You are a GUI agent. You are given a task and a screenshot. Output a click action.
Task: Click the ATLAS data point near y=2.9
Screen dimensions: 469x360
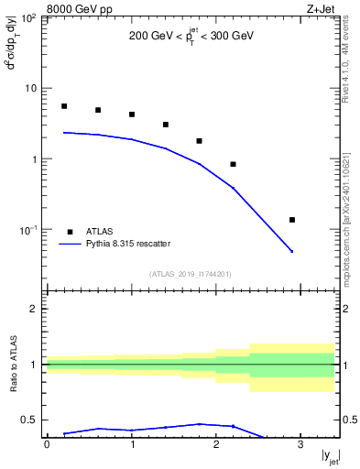pos(292,220)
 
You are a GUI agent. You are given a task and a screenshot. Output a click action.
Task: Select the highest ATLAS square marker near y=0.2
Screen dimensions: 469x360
pos(64,106)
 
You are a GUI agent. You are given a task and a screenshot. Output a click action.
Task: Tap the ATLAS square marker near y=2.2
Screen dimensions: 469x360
pos(234,165)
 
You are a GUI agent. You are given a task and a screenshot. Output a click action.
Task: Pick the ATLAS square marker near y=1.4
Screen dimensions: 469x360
pos(166,125)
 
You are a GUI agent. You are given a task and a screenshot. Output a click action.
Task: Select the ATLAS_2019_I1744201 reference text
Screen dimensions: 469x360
pos(191,274)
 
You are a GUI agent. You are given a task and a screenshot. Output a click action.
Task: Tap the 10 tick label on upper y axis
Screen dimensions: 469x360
pos(33,89)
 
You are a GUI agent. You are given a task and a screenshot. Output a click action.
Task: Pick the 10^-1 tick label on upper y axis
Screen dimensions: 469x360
pos(29,229)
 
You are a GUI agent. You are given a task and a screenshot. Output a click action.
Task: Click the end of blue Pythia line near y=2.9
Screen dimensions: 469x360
pos(292,252)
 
